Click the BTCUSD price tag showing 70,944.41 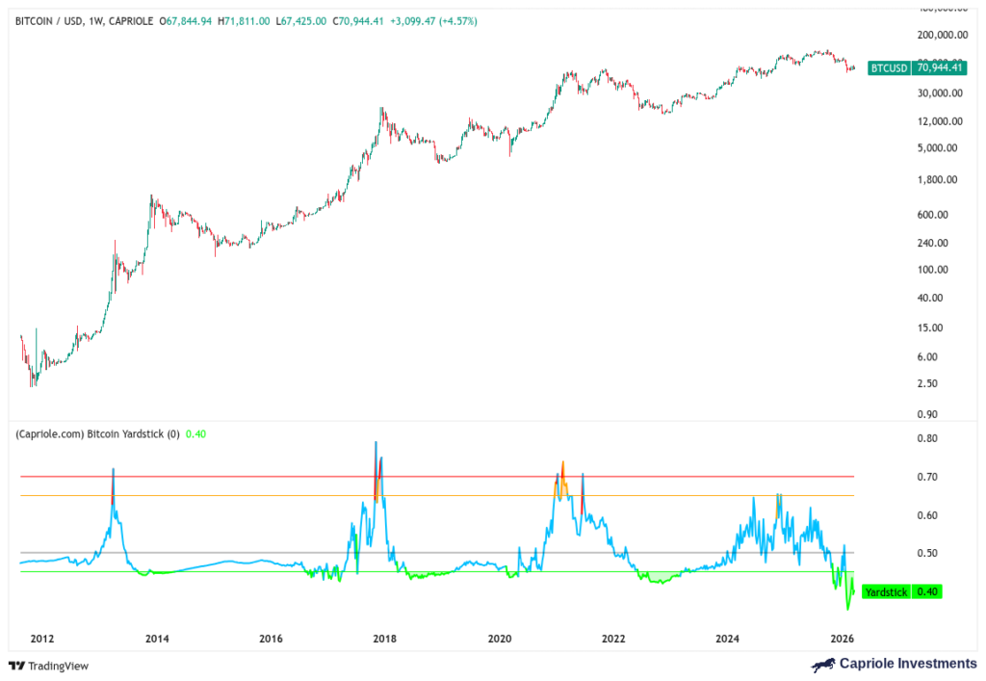point(903,67)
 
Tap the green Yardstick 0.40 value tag point(901,591)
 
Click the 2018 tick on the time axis point(385,638)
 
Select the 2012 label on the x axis point(41,638)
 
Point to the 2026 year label point(843,638)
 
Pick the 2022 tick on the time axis point(613,638)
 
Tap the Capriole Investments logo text point(895,664)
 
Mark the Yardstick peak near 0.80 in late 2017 point(376,442)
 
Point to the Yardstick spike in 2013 point(113,470)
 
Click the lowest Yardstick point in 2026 point(848,609)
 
